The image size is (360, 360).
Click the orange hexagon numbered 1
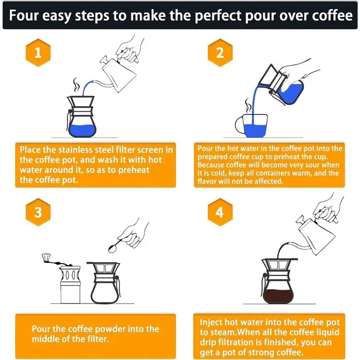tap(38, 52)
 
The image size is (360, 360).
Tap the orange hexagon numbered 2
tap(220, 52)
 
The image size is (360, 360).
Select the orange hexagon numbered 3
tap(38, 212)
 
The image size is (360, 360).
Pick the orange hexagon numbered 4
tap(220, 212)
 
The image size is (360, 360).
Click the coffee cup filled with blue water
tap(251, 125)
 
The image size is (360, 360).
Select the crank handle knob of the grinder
tap(46, 258)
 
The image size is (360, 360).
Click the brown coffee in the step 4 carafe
tap(278, 296)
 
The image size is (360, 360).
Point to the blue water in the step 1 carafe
tap(82, 131)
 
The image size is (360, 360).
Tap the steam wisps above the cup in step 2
tap(248, 105)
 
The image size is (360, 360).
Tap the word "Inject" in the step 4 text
tap(211, 322)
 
